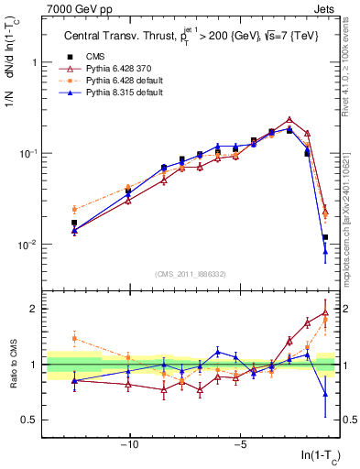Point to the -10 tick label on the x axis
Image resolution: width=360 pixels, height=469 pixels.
(x=129, y=446)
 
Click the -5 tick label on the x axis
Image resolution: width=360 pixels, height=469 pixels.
(x=239, y=446)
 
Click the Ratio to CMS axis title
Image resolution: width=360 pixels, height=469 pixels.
(x=12, y=365)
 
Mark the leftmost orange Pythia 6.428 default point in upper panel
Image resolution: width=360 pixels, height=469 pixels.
(x=74, y=209)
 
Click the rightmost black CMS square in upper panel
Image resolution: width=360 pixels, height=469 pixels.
(x=325, y=237)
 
